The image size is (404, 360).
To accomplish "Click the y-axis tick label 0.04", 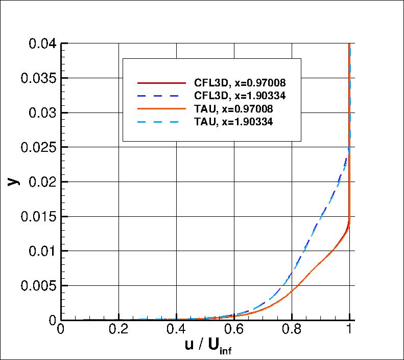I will coord(40,43).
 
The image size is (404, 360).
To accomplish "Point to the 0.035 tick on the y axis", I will coord(37,78).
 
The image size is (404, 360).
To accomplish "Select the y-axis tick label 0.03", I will coord(40,113).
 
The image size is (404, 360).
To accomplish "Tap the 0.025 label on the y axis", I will coord(37,147).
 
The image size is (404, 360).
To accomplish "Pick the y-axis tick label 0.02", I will coord(40,182).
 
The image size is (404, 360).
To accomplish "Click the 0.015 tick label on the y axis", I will coord(37,216).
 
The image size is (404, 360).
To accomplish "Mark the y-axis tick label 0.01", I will coord(40,251).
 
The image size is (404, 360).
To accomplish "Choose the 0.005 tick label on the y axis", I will coord(37,285).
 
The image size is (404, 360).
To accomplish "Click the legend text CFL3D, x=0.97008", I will coord(240,82).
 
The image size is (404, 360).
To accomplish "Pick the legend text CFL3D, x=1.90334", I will coord(240,95).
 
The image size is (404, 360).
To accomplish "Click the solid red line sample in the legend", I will coord(160,82).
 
